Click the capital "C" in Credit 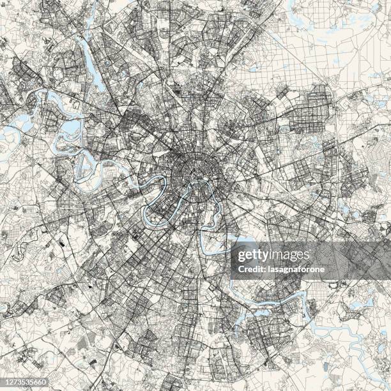[234, 269]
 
